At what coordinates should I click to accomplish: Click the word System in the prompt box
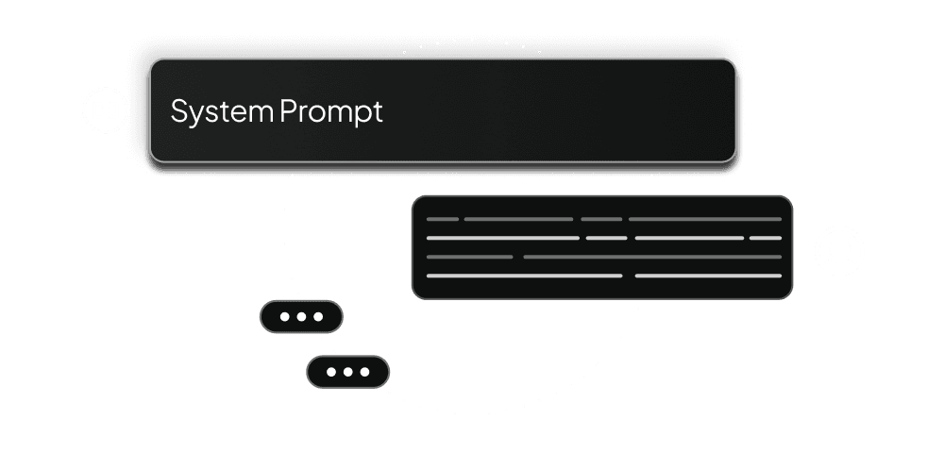pyautogui.click(x=222, y=111)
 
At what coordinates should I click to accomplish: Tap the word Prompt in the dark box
pyautogui.click(x=331, y=111)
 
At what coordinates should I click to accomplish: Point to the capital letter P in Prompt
pyautogui.click(x=288, y=111)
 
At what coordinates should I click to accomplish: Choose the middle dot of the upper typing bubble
pyautogui.click(x=301, y=317)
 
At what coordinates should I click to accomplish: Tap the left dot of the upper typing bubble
pyautogui.click(x=284, y=317)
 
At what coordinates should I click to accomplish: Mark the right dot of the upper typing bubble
pyautogui.click(x=318, y=317)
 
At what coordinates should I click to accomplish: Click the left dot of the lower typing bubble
pyautogui.click(x=330, y=372)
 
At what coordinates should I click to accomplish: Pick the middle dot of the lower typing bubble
pyautogui.click(x=347, y=372)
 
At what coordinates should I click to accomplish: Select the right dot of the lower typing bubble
pyautogui.click(x=364, y=372)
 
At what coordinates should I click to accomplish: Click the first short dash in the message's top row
pyautogui.click(x=443, y=219)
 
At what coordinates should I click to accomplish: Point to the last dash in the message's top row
pyautogui.click(x=705, y=219)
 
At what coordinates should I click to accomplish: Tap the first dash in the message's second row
pyautogui.click(x=503, y=238)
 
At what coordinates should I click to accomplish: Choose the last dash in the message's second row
pyautogui.click(x=766, y=238)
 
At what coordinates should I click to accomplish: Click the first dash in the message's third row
pyautogui.click(x=469, y=257)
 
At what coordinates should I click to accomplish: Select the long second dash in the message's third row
pyautogui.click(x=652, y=257)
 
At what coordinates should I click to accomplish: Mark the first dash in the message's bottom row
pyautogui.click(x=524, y=276)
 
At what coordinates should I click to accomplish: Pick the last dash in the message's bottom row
pyautogui.click(x=708, y=276)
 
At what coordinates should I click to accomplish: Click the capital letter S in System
pyautogui.click(x=178, y=111)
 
